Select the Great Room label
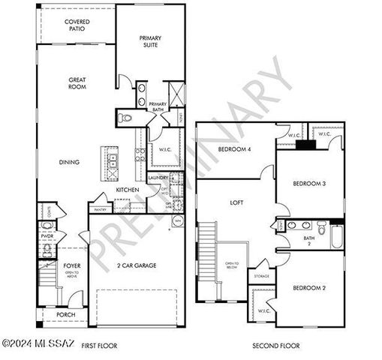pos(77,82)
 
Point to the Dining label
pos(70,161)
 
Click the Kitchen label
pos(127,190)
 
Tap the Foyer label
pos(71,265)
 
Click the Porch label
pos(65,314)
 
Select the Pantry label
pos(99,209)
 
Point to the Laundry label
pos(158,177)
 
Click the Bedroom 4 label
pos(235,148)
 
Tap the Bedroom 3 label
pos(308,183)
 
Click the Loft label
pos(238,202)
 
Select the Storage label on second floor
pos(261,276)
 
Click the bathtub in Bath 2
pos(335,235)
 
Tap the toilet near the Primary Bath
pos(126,117)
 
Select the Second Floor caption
pos(275,346)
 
